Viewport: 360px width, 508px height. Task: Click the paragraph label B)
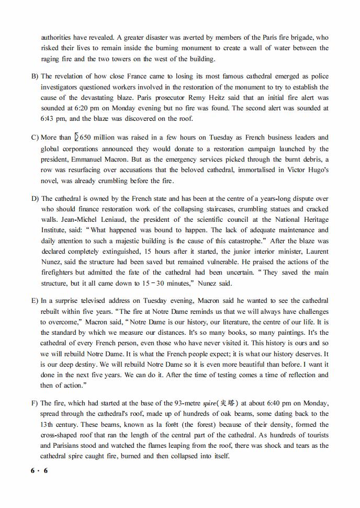tap(35, 76)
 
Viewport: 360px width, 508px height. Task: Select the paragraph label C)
tap(35, 138)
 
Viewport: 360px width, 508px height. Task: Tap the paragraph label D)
tap(35, 199)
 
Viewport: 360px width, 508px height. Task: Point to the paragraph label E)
tap(35, 301)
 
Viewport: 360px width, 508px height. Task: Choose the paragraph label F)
tap(35, 403)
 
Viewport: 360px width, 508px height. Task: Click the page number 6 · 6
tap(39, 471)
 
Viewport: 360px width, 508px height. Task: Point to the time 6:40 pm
tap(284, 403)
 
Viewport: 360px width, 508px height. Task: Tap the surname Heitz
tap(210, 98)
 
